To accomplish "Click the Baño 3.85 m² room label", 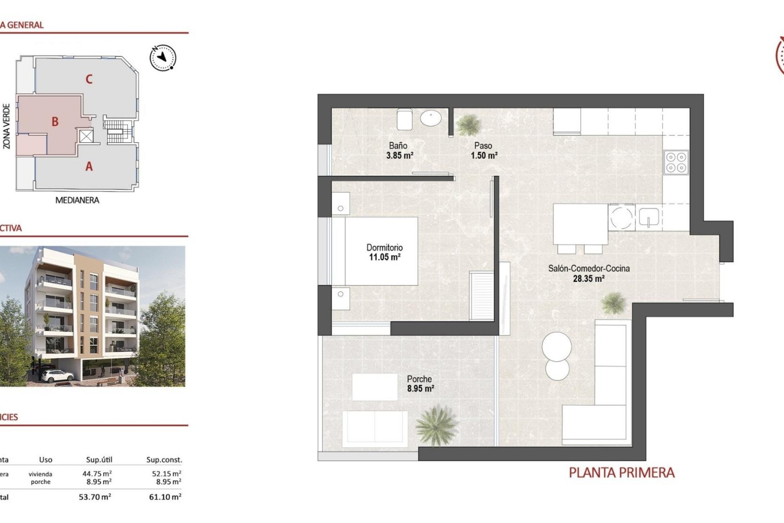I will click(399, 150).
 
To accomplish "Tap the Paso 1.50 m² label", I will click(483, 150).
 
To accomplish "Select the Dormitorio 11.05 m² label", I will click(384, 252).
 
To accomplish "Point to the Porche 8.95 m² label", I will click(420, 383).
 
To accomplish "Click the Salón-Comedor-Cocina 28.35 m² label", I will click(588, 273).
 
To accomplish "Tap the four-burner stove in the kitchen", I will click(676, 162).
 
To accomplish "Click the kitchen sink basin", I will click(648, 217).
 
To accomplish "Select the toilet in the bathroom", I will click(405, 118).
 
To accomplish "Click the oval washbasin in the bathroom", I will click(431, 118).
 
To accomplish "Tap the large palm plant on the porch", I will click(436, 425).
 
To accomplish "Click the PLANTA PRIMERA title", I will click(621, 473).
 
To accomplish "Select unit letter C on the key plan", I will click(89, 79).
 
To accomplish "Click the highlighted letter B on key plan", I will click(55, 121).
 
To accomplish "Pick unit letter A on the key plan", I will click(89, 166).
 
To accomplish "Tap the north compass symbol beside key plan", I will click(163, 58).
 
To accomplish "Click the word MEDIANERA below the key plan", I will click(77, 200).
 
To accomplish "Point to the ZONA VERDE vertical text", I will click(7, 126).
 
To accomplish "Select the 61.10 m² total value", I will click(165, 497).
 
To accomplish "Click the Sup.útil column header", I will click(99, 460).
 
